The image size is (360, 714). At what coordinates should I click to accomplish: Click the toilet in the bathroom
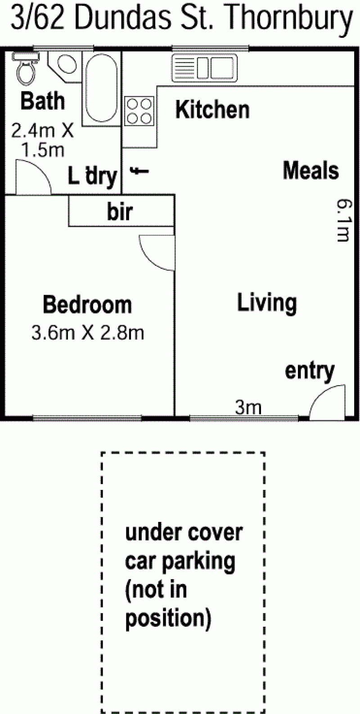pyautogui.click(x=26, y=68)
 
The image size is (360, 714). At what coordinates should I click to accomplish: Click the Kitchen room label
pyautogui.click(x=212, y=110)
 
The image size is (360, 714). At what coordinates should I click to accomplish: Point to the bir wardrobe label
pyautogui.click(x=120, y=211)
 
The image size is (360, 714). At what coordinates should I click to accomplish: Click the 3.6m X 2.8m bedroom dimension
pyautogui.click(x=88, y=333)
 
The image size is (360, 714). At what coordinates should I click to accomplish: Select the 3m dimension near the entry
pyautogui.click(x=248, y=407)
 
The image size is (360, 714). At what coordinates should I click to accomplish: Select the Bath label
pyautogui.click(x=43, y=101)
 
